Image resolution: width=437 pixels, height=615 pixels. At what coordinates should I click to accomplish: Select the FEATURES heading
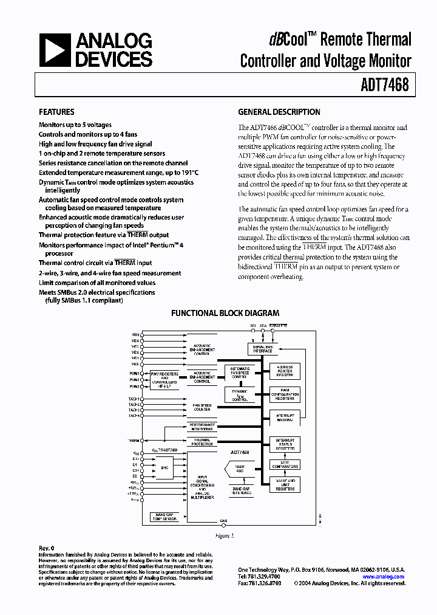(x=56, y=112)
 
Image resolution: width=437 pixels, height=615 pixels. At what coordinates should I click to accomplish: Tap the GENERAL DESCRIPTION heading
(x=279, y=112)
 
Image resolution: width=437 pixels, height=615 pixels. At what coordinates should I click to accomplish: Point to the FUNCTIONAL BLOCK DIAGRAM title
(x=225, y=314)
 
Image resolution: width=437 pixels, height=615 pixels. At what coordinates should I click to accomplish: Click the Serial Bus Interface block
(x=263, y=349)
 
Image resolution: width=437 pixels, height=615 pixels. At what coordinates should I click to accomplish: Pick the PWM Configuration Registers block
(x=285, y=394)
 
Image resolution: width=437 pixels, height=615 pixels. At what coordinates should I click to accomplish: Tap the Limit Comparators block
(x=285, y=465)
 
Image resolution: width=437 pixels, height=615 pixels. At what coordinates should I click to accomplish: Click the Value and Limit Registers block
(x=285, y=484)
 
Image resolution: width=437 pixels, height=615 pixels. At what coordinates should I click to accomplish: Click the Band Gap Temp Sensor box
(x=165, y=517)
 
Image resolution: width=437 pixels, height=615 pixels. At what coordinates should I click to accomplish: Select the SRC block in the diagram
(x=165, y=467)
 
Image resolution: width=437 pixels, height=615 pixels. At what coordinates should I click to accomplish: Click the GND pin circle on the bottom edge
(x=223, y=525)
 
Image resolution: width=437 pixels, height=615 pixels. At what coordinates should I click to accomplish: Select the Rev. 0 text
(x=47, y=548)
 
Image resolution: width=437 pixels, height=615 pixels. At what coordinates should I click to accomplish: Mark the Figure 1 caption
(x=224, y=536)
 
